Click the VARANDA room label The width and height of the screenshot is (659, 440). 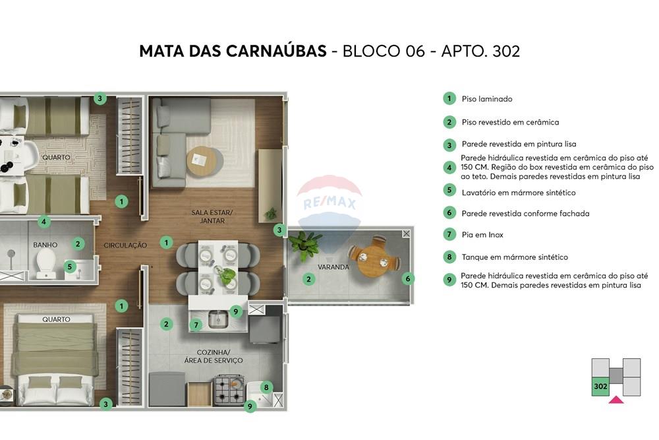point(333,267)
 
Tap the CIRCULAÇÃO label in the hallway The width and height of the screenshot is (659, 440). point(125,245)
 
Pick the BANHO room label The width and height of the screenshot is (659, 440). point(45,245)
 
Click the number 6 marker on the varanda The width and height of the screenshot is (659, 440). point(408,278)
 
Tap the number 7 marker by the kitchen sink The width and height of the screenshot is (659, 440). point(196,325)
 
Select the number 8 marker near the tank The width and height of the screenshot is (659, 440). point(266,387)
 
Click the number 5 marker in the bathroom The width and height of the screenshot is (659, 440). point(70,267)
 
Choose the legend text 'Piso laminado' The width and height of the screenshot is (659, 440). point(487,99)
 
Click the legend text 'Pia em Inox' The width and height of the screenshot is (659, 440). point(482,235)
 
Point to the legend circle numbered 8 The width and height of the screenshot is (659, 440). point(449,257)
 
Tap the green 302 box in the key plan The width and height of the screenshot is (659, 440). point(600,386)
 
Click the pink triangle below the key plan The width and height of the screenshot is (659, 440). point(616,399)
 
